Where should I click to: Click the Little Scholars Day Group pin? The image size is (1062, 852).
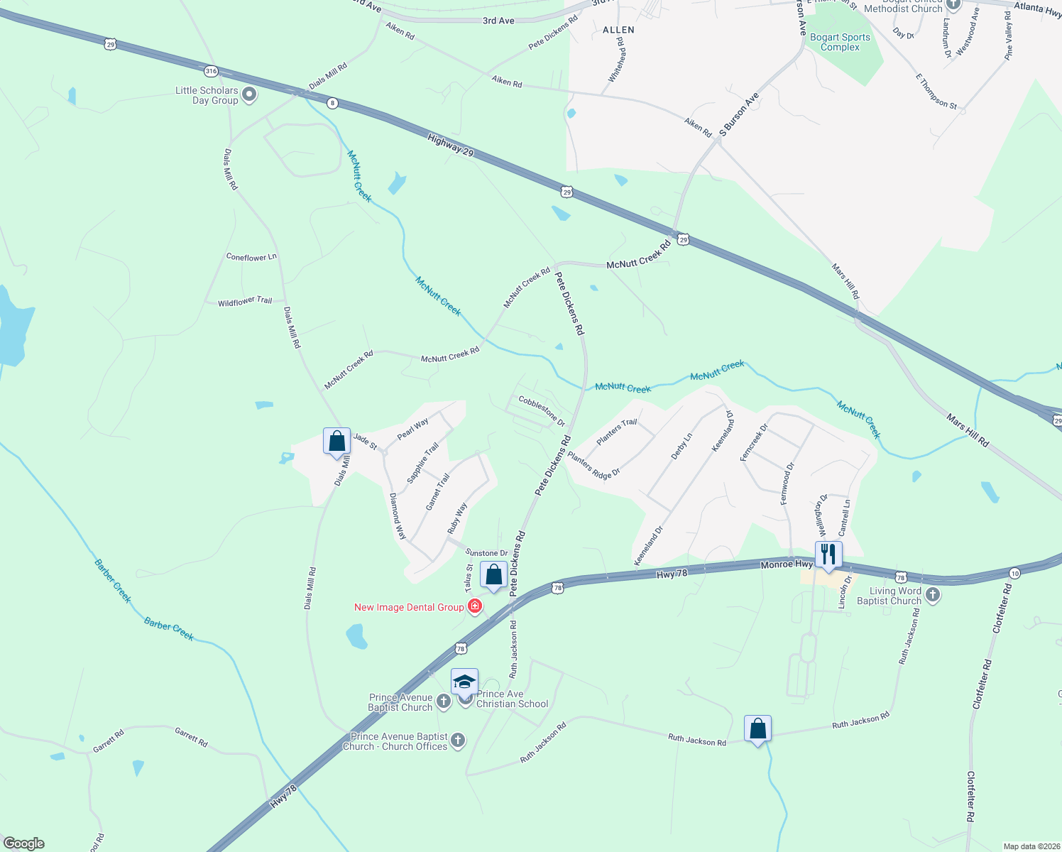[249, 94]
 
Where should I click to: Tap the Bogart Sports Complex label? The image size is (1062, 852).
[840, 42]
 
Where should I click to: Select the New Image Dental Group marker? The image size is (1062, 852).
[475, 606]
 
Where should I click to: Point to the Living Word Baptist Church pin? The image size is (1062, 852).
[933, 595]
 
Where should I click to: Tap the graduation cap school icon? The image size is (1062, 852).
[464, 682]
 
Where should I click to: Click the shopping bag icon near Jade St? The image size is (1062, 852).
[337, 442]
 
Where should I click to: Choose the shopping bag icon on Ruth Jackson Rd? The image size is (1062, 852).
[757, 729]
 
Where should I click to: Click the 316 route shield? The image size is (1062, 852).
[211, 71]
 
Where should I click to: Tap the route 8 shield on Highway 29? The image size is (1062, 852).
[332, 104]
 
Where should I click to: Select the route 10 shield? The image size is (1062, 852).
[1014, 573]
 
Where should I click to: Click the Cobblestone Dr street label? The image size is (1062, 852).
[542, 411]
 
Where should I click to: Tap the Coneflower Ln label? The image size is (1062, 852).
[251, 257]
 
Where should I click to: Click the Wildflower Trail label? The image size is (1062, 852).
[245, 302]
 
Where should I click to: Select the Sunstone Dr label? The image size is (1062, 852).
[487, 552]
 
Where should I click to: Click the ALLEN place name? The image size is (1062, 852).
[618, 30]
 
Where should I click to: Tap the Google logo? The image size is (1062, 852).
[24, 843]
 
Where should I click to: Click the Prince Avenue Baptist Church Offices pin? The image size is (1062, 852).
[458, 741]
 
